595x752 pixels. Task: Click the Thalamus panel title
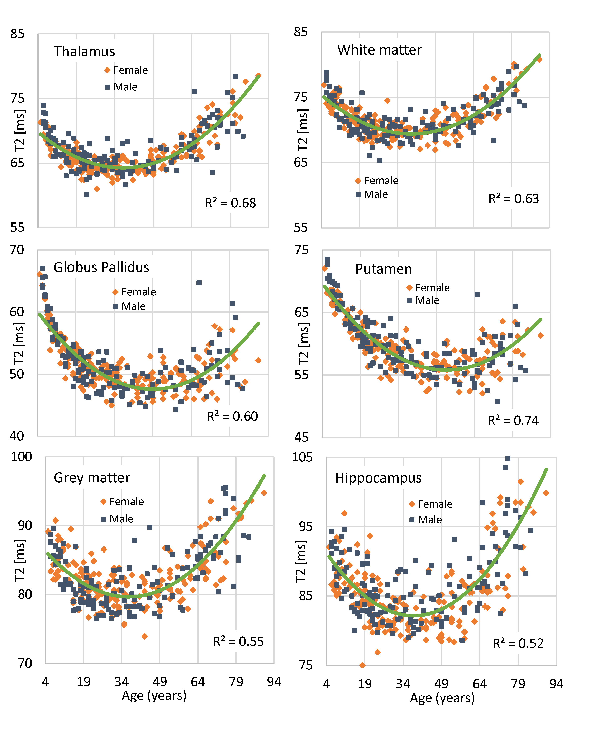[x=84, y=52]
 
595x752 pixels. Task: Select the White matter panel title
[x=379, y=50]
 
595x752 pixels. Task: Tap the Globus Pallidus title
[x=101, y=267]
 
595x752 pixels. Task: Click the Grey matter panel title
[x=92, y=477]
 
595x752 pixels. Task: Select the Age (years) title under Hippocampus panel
[x=442, y=698]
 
